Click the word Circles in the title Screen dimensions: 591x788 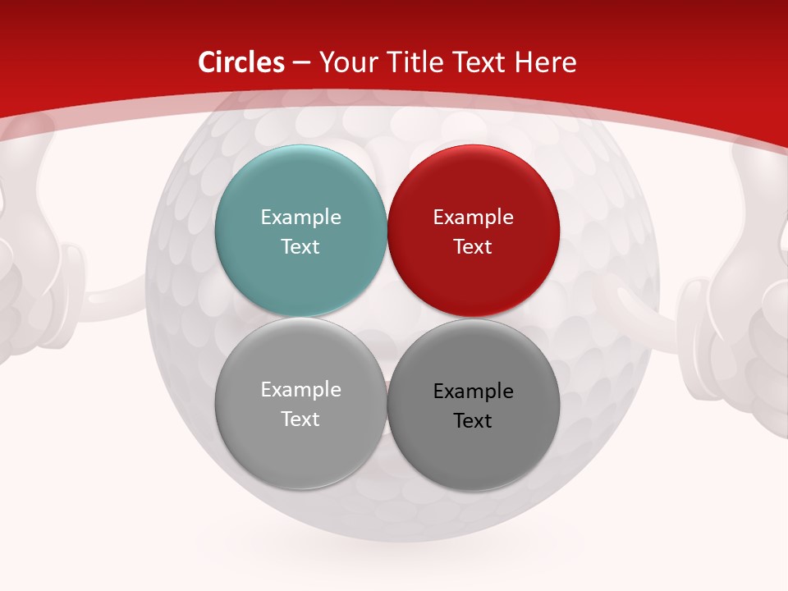point(241,62)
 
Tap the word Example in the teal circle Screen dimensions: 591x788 point(300,218)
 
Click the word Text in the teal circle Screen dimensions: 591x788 point(300,247)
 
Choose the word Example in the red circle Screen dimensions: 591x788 point(473,218)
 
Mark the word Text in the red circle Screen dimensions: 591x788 point(473,247)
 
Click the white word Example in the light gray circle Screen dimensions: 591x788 point(300,390)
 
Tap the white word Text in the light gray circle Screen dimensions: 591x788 point(300,419)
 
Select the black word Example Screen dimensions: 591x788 point(473,392)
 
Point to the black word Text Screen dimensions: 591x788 point(473,421)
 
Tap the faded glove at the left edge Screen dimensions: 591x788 point(29,271)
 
